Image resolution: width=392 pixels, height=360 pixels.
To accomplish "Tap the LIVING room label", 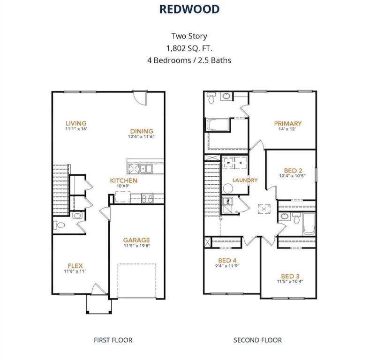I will [76, 124].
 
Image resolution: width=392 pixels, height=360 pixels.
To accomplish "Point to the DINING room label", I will [142, 131].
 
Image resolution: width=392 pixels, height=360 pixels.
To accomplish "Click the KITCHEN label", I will [123, 180].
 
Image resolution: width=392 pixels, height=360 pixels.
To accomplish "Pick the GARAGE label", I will [136, 240].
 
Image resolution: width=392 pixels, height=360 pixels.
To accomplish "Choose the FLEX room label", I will [75, 265].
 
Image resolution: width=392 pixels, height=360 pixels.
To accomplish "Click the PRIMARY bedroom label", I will [287, 124].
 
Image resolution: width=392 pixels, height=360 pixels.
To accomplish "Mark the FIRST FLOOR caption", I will [113, 340].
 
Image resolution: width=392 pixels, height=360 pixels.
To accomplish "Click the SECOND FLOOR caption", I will [257, 340].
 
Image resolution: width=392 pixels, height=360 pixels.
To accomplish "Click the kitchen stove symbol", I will [147, 198].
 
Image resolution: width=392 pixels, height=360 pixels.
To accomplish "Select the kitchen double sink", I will [140, 168].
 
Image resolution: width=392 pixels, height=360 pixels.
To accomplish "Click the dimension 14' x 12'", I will [287, 130].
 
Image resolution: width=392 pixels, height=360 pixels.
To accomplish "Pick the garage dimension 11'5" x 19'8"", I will [136, 246].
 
